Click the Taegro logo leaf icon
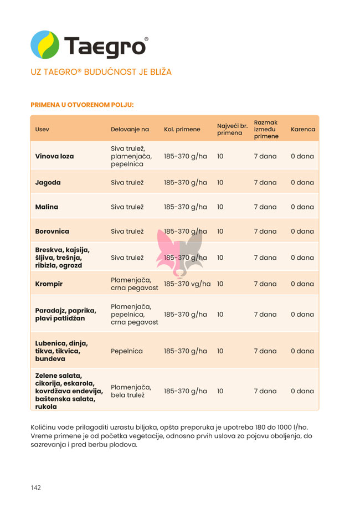[x=45, y=45]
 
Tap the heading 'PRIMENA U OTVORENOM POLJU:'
[x=82, y=104]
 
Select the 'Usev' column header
[x=42, y=130]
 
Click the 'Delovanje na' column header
[x=130, y=130]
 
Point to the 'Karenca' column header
[x=302, y=130]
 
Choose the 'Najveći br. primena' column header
[x=232, y=129]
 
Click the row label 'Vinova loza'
[x=54, y=156]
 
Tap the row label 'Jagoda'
[x=48, y=182]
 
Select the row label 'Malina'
[x=47, y=207]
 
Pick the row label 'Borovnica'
[x=52, y=231]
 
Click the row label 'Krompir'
[x=49, y=284]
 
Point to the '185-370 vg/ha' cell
[x=187, y=284]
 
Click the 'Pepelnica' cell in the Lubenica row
[x=127, y=351]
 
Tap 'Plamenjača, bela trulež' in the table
[x=131, y=391]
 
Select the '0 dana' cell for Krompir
[x=302, y=284]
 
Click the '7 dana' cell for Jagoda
[x=265, y=182]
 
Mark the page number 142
[x=36, y=487]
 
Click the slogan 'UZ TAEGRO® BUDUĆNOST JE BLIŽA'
[x=101, y=72]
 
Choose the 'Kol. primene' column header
[x=182, y=130]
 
